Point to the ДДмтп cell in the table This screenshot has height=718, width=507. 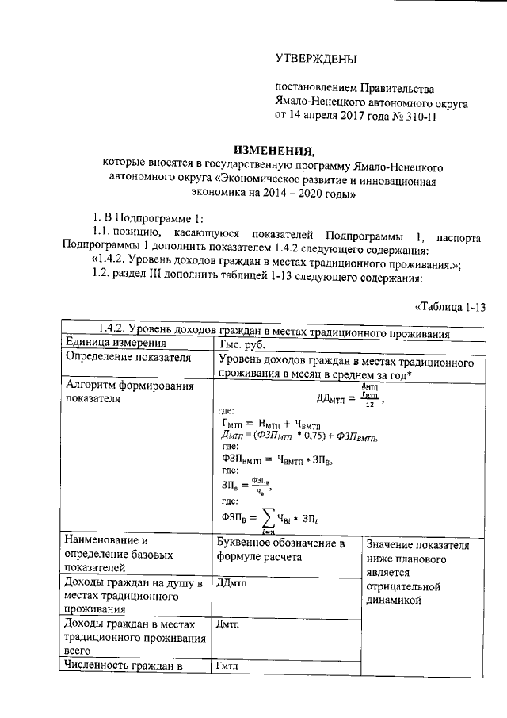tap(232, 584)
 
